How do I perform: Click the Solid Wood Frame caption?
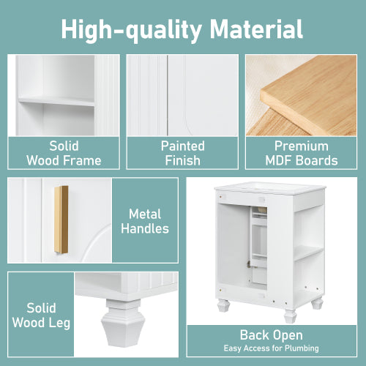64,153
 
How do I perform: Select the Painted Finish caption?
182,153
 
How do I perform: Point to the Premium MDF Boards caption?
301,153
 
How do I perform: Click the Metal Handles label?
149,221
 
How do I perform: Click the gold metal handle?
61,220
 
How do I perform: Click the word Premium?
301,146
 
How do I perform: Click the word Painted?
182,146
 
